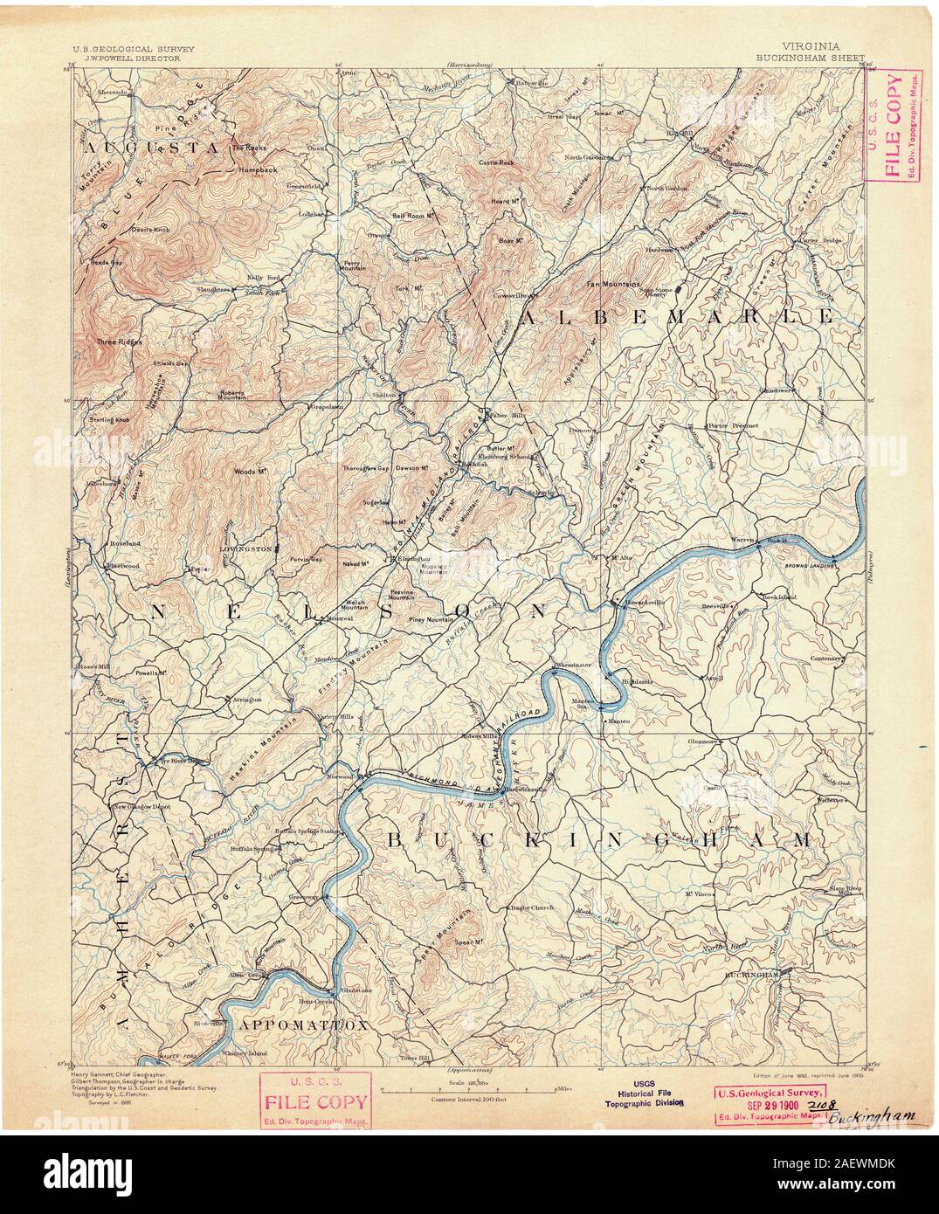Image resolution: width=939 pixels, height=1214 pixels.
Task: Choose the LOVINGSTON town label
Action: [246, 552]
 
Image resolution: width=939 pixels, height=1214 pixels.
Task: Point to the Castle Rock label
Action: [496, 162]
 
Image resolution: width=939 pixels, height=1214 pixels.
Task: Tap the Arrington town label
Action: [245, 700]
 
